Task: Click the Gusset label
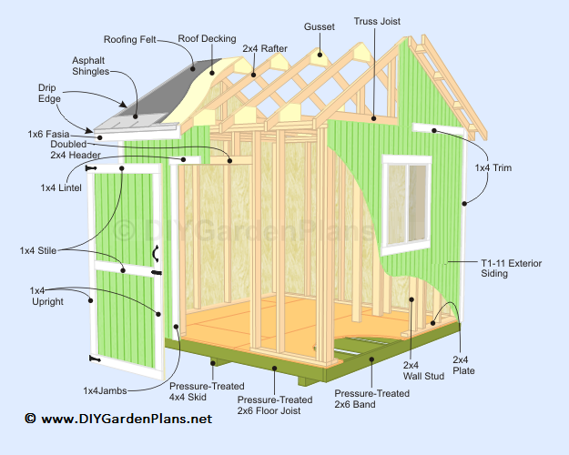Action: click(x=320, y=27)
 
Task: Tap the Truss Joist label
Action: click(x=377, y=22)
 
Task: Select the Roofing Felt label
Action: click(x=130, y=39)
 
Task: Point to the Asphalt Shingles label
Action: click(x=90, y=66)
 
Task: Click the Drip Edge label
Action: click(x=49, y=93)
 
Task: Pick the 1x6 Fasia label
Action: click(x=48, y=135)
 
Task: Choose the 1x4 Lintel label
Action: click(x=61, y=188)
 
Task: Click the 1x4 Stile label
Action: click(x=38, y=251)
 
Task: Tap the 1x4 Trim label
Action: click(x=493, y=168)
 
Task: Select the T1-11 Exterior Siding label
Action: click(x=512, y=268)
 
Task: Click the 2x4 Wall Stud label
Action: click(x=423, y=370)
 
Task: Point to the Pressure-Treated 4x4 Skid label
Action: click(x=207, y=392)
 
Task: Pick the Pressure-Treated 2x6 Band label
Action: click(x=371, y=399)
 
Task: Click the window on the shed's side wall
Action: click(x=406, y=205)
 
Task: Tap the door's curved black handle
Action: click(x=156, y=254)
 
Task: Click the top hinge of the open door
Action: click(x=91, y=168)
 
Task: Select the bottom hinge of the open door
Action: click(x=95, y=359)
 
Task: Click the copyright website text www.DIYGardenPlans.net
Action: click(x=127, y=419)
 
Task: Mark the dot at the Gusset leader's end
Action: click(x=320, y=56)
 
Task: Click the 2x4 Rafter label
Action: click(x=265, y=48)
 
